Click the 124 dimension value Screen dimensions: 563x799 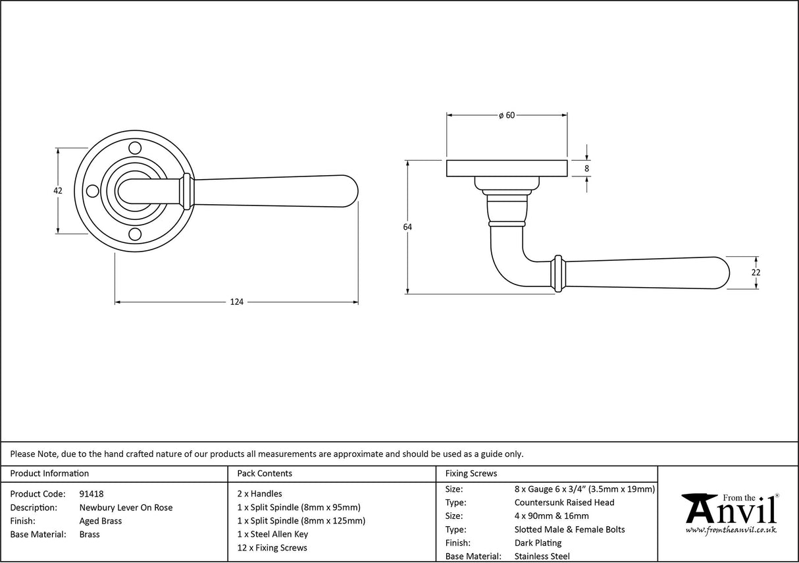[236, 302]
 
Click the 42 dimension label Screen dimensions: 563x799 [58, 190]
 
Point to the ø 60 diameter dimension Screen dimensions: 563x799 [506, 115]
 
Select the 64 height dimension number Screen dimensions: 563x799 [407, 227]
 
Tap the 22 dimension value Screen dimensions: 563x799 [756, 273]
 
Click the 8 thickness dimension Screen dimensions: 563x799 [586, 169]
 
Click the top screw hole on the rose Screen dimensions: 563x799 [134, 147]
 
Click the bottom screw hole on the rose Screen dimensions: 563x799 [134, 234]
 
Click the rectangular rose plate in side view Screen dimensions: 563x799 [507, 169]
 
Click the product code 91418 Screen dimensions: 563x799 [91, 494]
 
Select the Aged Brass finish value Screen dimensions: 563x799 [100, 521]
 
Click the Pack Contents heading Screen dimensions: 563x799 [265, 473]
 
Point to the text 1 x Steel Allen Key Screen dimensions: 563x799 [272, 534]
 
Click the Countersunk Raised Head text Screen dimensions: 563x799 [564, 502]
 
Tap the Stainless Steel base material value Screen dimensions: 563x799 [542, 556]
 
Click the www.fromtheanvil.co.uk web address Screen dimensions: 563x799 [731, 530]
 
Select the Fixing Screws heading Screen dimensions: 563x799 [471, 473]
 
